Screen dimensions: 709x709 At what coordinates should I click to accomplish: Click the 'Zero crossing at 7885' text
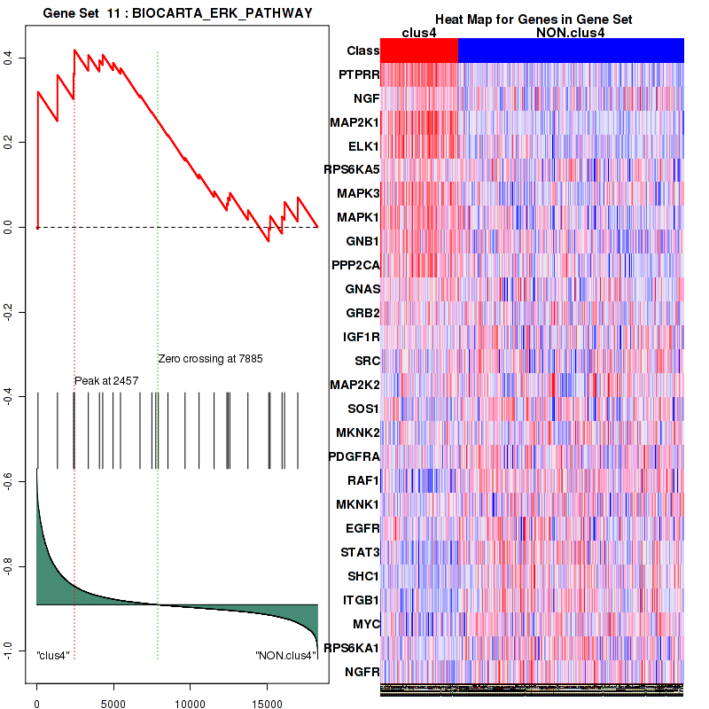click(x=211, y=359)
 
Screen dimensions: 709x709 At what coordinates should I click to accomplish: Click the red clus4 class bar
click(x=419, y=51)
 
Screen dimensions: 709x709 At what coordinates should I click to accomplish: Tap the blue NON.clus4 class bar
click(x=571, y=51)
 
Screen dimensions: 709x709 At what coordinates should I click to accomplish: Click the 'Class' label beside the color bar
click(x=363, y=51)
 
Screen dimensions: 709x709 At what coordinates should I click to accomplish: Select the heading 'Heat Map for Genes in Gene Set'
click(x=533, y=19)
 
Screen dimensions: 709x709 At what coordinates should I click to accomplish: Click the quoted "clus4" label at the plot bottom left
click(x=53, y=656)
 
